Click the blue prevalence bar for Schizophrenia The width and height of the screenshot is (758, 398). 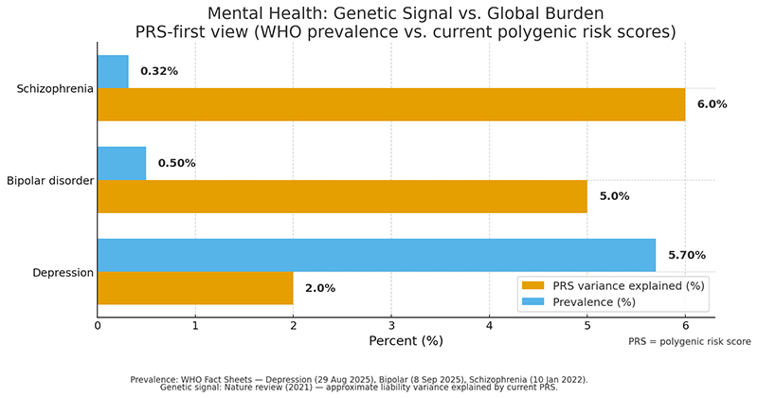point(113,71)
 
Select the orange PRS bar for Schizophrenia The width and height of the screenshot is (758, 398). point(390,104)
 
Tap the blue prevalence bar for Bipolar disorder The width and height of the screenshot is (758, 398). point(122,163)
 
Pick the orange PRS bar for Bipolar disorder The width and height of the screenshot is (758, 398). point(342,196)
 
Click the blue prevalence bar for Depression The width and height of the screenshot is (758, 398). point(376,255)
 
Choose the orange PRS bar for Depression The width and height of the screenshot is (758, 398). point(195,288)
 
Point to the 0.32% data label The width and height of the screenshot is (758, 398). point(159,71)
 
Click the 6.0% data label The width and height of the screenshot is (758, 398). point(712,104)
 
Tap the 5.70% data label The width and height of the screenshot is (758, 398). point(688,255)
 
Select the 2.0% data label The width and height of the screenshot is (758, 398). point(320,288)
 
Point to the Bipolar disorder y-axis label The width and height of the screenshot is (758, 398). point(49,180)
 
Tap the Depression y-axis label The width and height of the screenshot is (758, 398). point(63,272)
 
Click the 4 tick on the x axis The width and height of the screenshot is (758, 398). point(489,326)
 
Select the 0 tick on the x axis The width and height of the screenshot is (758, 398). point(98,326)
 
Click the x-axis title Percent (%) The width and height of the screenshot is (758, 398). point(406,340)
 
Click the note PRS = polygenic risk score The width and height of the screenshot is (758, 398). point(689,341)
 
